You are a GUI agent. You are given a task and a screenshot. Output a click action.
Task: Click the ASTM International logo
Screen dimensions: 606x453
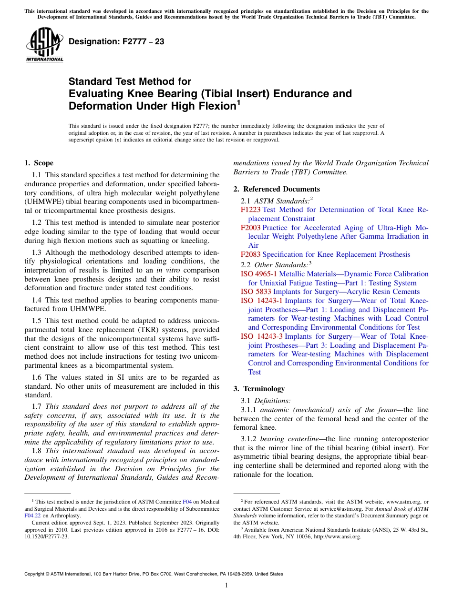[x=44, y=45]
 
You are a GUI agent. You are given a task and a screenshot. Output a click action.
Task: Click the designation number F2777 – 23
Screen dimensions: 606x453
[x=116, y=42]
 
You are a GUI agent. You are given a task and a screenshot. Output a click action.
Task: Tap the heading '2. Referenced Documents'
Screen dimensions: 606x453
[x=277, y=189]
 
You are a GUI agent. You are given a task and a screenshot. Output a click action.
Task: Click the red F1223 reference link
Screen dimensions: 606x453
[x=250, y=210]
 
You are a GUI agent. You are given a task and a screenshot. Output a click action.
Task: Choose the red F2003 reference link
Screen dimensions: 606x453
[x=251, y=228]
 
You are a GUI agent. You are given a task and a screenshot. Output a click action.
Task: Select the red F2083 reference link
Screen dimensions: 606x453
[x=251, y=254]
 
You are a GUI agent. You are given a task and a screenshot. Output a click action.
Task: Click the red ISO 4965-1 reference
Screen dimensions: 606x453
[x=259, y=274]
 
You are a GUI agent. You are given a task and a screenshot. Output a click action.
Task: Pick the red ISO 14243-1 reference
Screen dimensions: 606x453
[x=262, y=301]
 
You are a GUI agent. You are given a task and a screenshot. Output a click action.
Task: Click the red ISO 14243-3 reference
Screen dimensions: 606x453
[x=262, y=336]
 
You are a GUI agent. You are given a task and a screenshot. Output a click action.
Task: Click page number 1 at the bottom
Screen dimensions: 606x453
[x=226, y=586]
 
